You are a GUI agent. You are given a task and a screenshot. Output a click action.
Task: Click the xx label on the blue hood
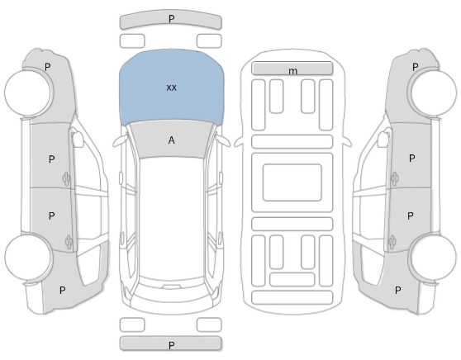coord(171,88)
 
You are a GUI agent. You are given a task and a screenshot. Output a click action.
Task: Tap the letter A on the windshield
coord(171,140)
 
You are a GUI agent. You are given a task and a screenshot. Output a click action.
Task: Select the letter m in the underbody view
coord(292,71)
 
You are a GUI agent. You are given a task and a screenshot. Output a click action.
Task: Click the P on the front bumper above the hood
coord(171,19)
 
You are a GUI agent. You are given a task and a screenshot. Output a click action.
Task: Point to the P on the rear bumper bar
coord(171,345)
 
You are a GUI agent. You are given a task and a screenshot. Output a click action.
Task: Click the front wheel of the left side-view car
coord(28,92)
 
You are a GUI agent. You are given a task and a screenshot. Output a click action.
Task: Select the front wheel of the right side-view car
coord(434,92)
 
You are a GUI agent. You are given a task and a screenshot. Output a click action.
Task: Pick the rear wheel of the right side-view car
coord(434,257)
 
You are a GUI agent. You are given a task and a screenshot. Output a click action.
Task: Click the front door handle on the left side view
coord(66,178)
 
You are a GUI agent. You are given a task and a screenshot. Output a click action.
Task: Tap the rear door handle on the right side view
coord(393,243)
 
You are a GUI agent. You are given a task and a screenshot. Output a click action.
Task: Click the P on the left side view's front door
coord(51,159)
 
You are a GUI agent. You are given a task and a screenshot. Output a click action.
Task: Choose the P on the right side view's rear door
coord(410,216)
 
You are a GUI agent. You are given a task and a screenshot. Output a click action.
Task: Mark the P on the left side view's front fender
coord(47,67)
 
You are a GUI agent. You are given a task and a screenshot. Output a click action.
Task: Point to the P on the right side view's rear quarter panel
coord(397,291)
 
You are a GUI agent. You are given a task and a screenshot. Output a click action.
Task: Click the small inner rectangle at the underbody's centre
coord(292,182)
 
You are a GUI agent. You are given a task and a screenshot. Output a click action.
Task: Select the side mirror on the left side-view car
coord(77,139)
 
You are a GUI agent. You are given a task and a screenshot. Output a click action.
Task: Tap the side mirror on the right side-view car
coord(383,139)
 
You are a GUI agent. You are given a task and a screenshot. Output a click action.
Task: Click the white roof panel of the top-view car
coord(171,217)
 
